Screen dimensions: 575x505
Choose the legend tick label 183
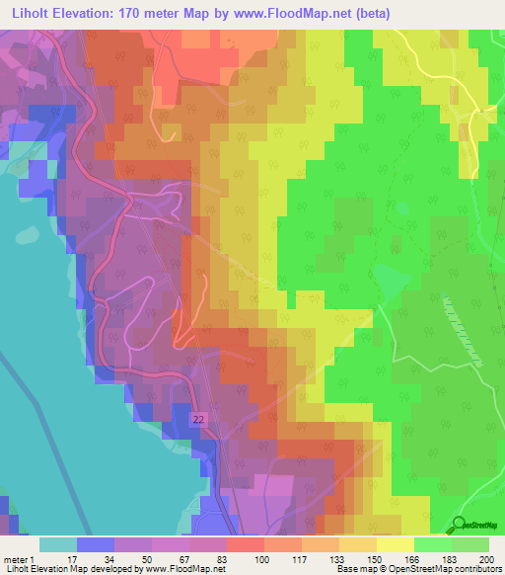(x=452, y=560)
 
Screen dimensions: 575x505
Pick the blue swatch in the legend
(x=95, y=544)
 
